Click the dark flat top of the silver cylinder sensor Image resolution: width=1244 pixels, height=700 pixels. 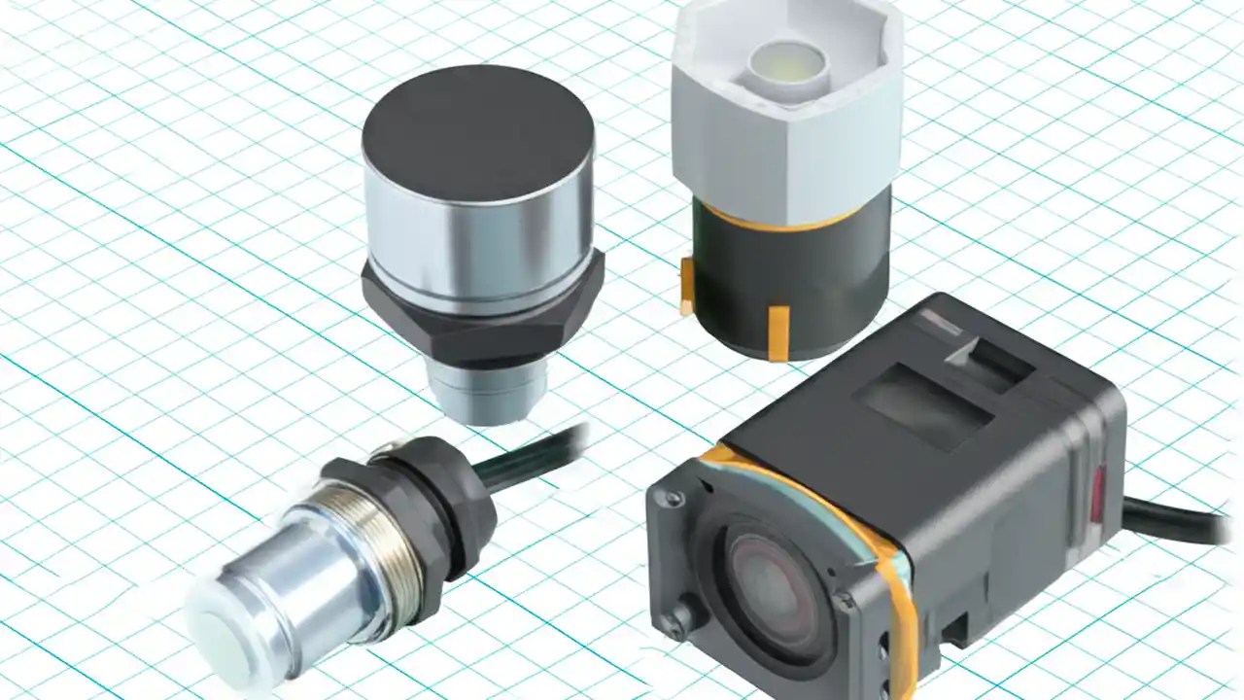pyautogui.click(x=476, y=131)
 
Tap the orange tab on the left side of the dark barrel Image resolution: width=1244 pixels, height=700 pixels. pyautogui.click(x=687, y=288)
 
